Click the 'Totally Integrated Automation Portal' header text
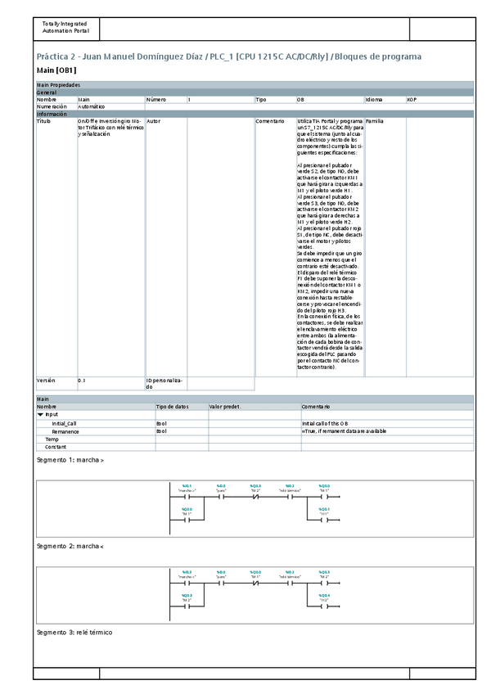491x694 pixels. point(65,27)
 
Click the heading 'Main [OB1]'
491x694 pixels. point(56,71)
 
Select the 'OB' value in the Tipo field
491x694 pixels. point(300,99)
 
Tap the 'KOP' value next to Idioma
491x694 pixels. point(412,99)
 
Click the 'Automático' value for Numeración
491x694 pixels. point(91,106)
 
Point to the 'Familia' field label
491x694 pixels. point(374,120)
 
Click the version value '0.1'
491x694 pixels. point(81,381)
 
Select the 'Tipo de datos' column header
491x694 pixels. point(172,406)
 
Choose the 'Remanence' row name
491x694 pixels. point(65,430)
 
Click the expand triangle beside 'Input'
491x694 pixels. point(41,415)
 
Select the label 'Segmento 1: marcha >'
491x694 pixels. point(70,460)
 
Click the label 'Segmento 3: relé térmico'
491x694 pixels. point(74,633)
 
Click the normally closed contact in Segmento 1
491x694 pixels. point(255,496)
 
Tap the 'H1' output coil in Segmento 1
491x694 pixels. point(324,519)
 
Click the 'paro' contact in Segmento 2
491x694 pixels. point(221,583)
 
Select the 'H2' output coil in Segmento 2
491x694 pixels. point(324,606)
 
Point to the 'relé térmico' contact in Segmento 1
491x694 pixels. point(290,496)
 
